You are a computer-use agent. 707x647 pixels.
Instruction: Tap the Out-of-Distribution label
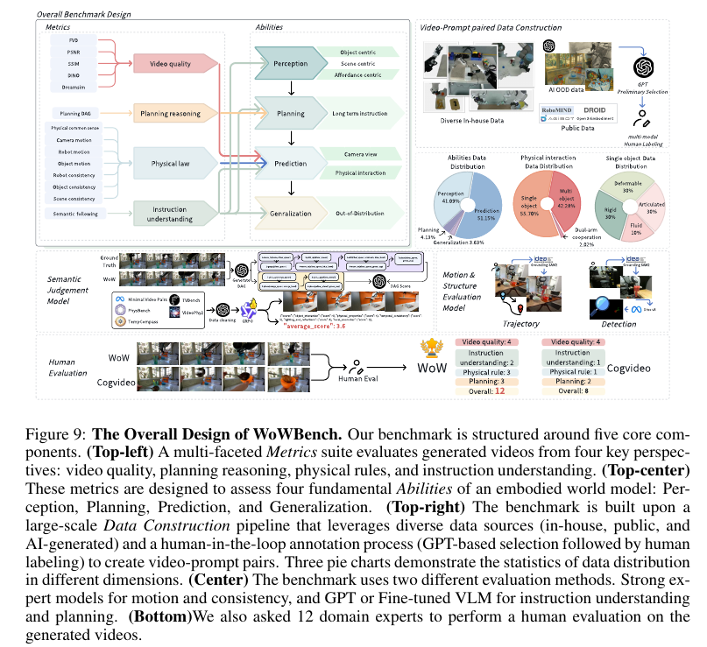(x=356, y=213)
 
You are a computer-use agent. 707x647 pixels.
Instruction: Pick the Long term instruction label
(x=360, y=113)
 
